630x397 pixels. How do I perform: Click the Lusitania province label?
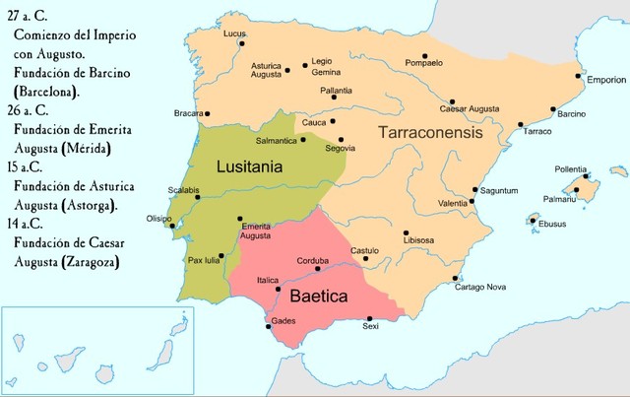point(249,167)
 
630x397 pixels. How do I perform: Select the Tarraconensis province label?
point(431,131)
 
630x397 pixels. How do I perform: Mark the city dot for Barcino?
point(554,108)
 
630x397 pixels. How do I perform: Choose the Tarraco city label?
point(536,131)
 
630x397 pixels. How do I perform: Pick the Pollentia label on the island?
point(571,169)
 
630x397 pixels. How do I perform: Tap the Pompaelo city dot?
point(424,56)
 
